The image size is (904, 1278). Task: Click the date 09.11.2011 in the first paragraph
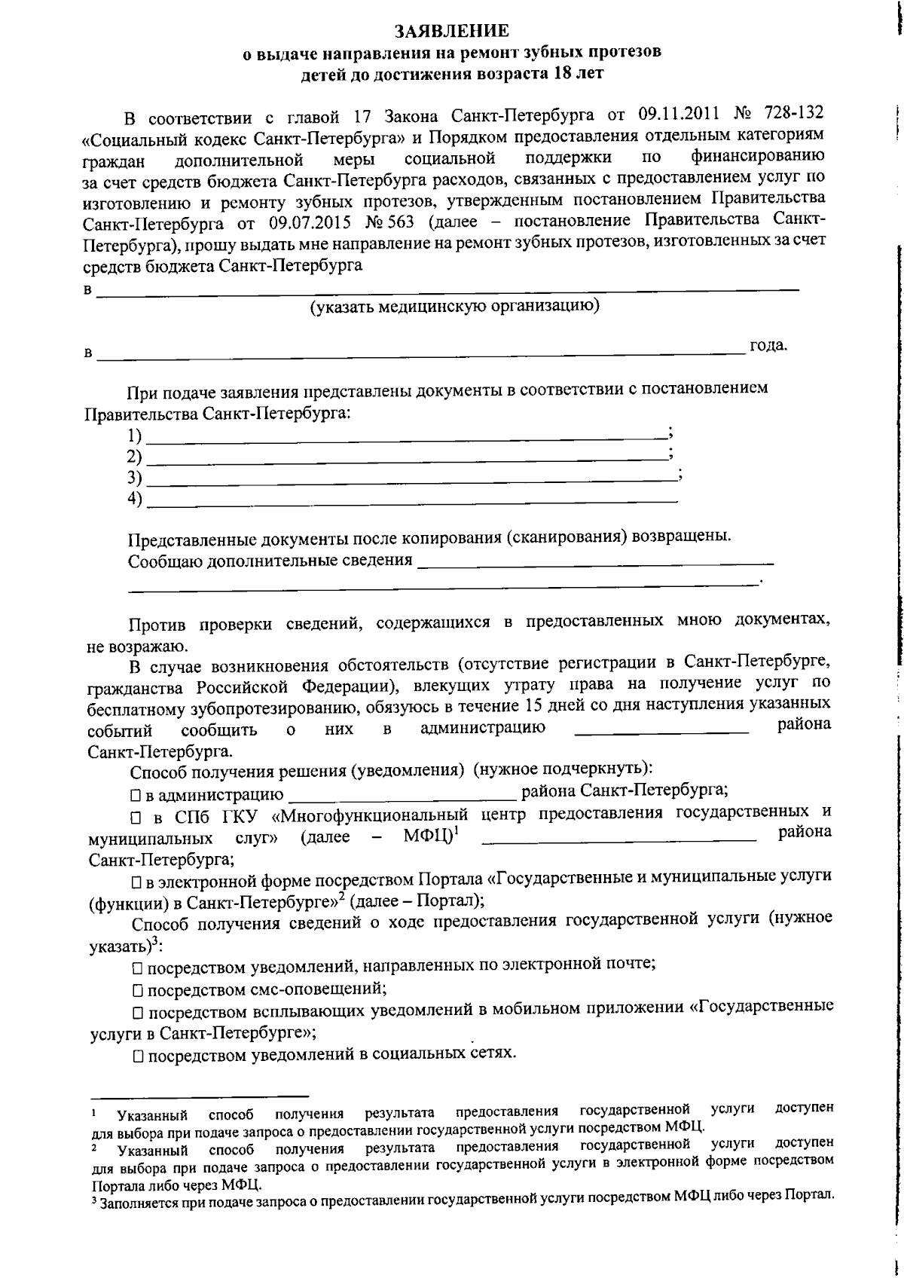coord(676,115)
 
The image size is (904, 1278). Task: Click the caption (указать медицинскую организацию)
coord(454,307)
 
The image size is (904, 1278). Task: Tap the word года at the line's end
coord(768,346)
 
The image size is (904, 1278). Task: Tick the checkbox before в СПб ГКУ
coord(136,817)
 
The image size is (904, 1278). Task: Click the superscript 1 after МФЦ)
coord(457,830)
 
